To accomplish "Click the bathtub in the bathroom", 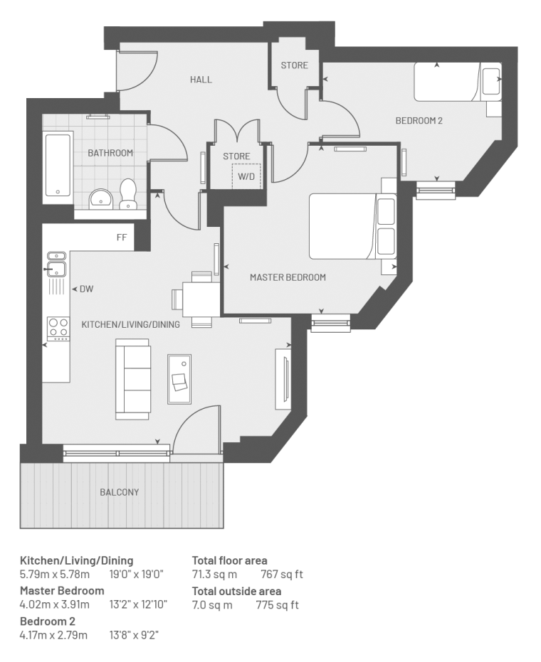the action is pos(58,165).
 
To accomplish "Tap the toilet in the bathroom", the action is pos(127,194).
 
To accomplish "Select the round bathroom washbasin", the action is pos(100,198).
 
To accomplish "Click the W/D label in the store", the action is pos(246,176).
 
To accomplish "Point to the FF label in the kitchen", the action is pos(122,237).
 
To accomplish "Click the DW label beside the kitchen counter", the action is pos(87,289).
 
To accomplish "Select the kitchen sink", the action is pos(56,265).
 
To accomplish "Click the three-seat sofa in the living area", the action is pos(132,379).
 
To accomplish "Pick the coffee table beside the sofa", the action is pos(179,379).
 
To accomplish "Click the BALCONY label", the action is pos(119,492).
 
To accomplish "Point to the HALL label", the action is pos(201,80).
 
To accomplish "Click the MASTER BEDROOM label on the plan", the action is pos(288,277).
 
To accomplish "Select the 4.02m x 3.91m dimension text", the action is pos(55,604).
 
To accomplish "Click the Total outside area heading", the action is pos(236,591).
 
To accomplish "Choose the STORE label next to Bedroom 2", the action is pos(295,65).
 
